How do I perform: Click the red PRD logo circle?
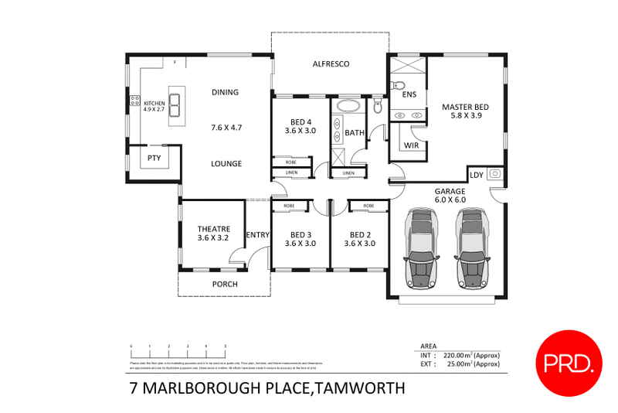point(569,361)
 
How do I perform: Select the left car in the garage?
point(421,247)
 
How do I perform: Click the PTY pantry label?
point(154,158)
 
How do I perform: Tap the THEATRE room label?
point(214,229)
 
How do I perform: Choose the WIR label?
point(411,145)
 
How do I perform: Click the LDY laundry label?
point(477,175)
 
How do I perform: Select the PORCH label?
point(225,284)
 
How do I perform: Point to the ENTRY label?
point(256,235)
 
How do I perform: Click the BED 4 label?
point(301,122)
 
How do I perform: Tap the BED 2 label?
point(359,235)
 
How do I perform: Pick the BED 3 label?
point(301,235)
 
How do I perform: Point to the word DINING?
point(225,92)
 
